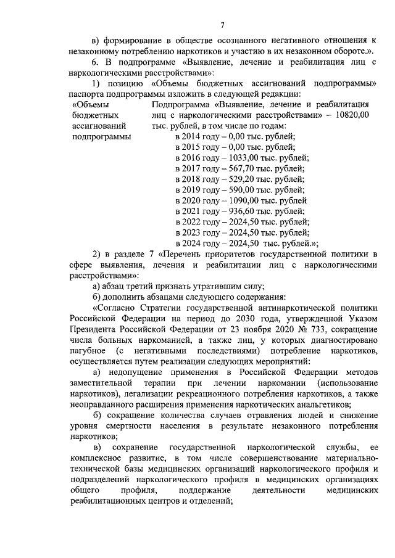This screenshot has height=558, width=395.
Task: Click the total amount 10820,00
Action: [x=351, y=115]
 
